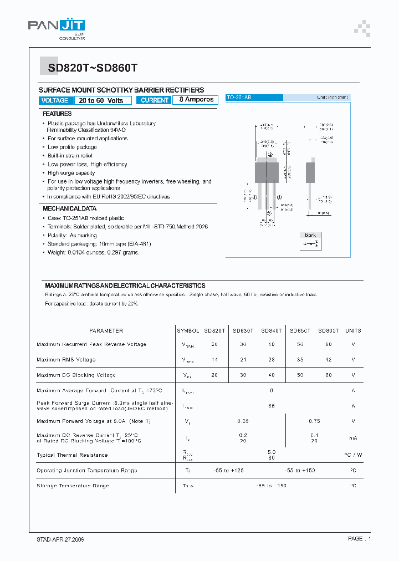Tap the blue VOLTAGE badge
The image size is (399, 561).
point(55,100)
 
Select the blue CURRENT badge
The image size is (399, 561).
point(155,100)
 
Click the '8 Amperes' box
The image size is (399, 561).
point(196,100)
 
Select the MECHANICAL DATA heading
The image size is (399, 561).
point(70,208)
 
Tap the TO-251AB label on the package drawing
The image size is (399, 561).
point(239,98)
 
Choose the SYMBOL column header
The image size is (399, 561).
point(188,330)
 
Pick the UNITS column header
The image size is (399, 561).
point(353,330)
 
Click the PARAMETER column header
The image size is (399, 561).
point(106,330)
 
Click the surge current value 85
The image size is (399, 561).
point(272,406)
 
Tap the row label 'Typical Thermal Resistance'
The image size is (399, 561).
point(72,455)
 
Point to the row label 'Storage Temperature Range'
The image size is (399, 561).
point(73,486)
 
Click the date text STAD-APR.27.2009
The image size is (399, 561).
point(57,539)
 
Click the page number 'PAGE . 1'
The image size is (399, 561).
point(359,539)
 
